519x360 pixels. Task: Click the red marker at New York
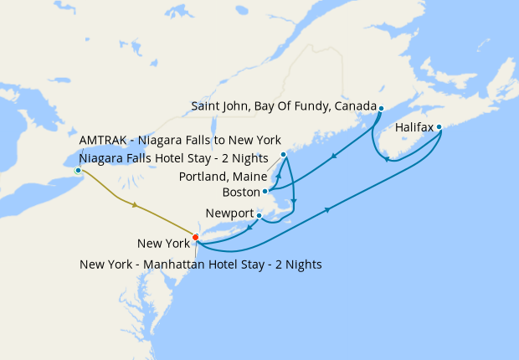(x=195, y=237)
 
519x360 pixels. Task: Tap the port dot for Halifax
(x=439, y=127)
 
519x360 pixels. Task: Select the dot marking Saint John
(x=381, y=108)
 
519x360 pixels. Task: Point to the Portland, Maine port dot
(x=283, y=155)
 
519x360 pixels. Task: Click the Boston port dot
(x=265, y=191)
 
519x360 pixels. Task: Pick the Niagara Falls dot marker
(x=78, y=170)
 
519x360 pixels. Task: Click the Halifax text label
(x=413, y=127)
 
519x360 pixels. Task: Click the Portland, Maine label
(x=224, y=177)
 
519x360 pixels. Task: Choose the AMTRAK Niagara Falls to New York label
(x=180, y=139)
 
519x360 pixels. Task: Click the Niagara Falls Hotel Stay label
(x=173, y=157)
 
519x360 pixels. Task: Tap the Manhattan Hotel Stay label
(x=201, y=264)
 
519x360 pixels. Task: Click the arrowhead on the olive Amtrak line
(x=134, y=204)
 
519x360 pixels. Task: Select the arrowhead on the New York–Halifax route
(x=326, y=209)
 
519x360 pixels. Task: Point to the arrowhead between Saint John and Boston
(x=334, y=155)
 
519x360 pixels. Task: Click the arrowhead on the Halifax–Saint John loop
(x=388, y=159)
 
